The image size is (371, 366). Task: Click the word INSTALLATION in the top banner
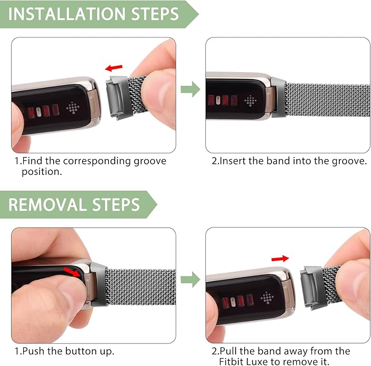point(67,14)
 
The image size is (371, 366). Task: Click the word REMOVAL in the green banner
point(48,204)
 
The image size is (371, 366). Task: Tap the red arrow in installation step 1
point(114,68)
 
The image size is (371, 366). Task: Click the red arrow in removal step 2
point(280,259)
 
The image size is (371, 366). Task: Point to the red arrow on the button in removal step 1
point(72,272)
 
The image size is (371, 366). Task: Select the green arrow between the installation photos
point(190,89)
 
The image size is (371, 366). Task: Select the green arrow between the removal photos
point(190,280)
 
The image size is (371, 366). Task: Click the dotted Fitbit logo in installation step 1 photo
point(73,108)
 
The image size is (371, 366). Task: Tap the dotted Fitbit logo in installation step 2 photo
point(250,101)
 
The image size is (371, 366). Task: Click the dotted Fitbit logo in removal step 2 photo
point(267,298)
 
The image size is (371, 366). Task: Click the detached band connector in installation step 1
point(117,97)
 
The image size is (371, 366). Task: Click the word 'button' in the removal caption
point(81,351)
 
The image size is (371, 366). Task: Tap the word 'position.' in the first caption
point(42,172)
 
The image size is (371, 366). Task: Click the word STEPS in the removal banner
point(116,204)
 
